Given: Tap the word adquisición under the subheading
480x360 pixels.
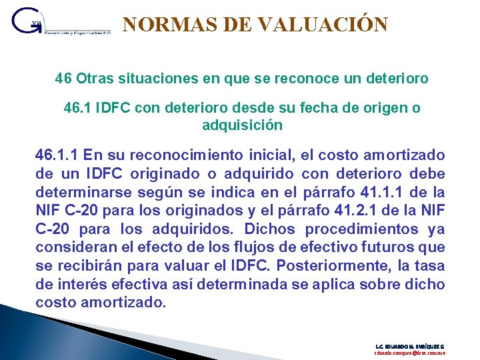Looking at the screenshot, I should coord(242,125).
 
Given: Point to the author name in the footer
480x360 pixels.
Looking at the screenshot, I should coord(409,347).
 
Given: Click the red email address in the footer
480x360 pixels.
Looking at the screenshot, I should coord(409,354).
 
